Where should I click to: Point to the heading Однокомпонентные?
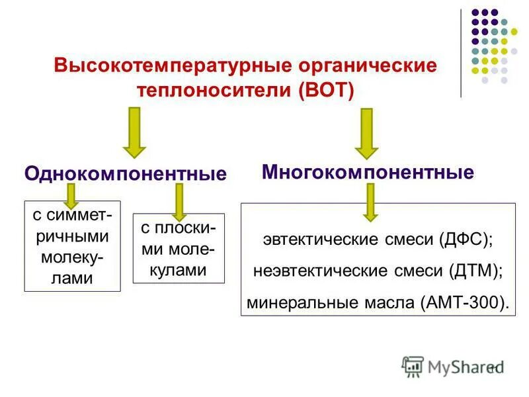pyautogui.click(x=126, y=174)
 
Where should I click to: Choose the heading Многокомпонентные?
pyautogui.click(x=368, y=173)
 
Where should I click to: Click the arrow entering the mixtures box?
pyautogui.click(x=370, y=201)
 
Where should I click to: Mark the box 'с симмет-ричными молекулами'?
pyautogui.click(x=72, y=246)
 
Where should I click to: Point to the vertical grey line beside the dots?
pyautogui.click(x=461, y=53)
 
